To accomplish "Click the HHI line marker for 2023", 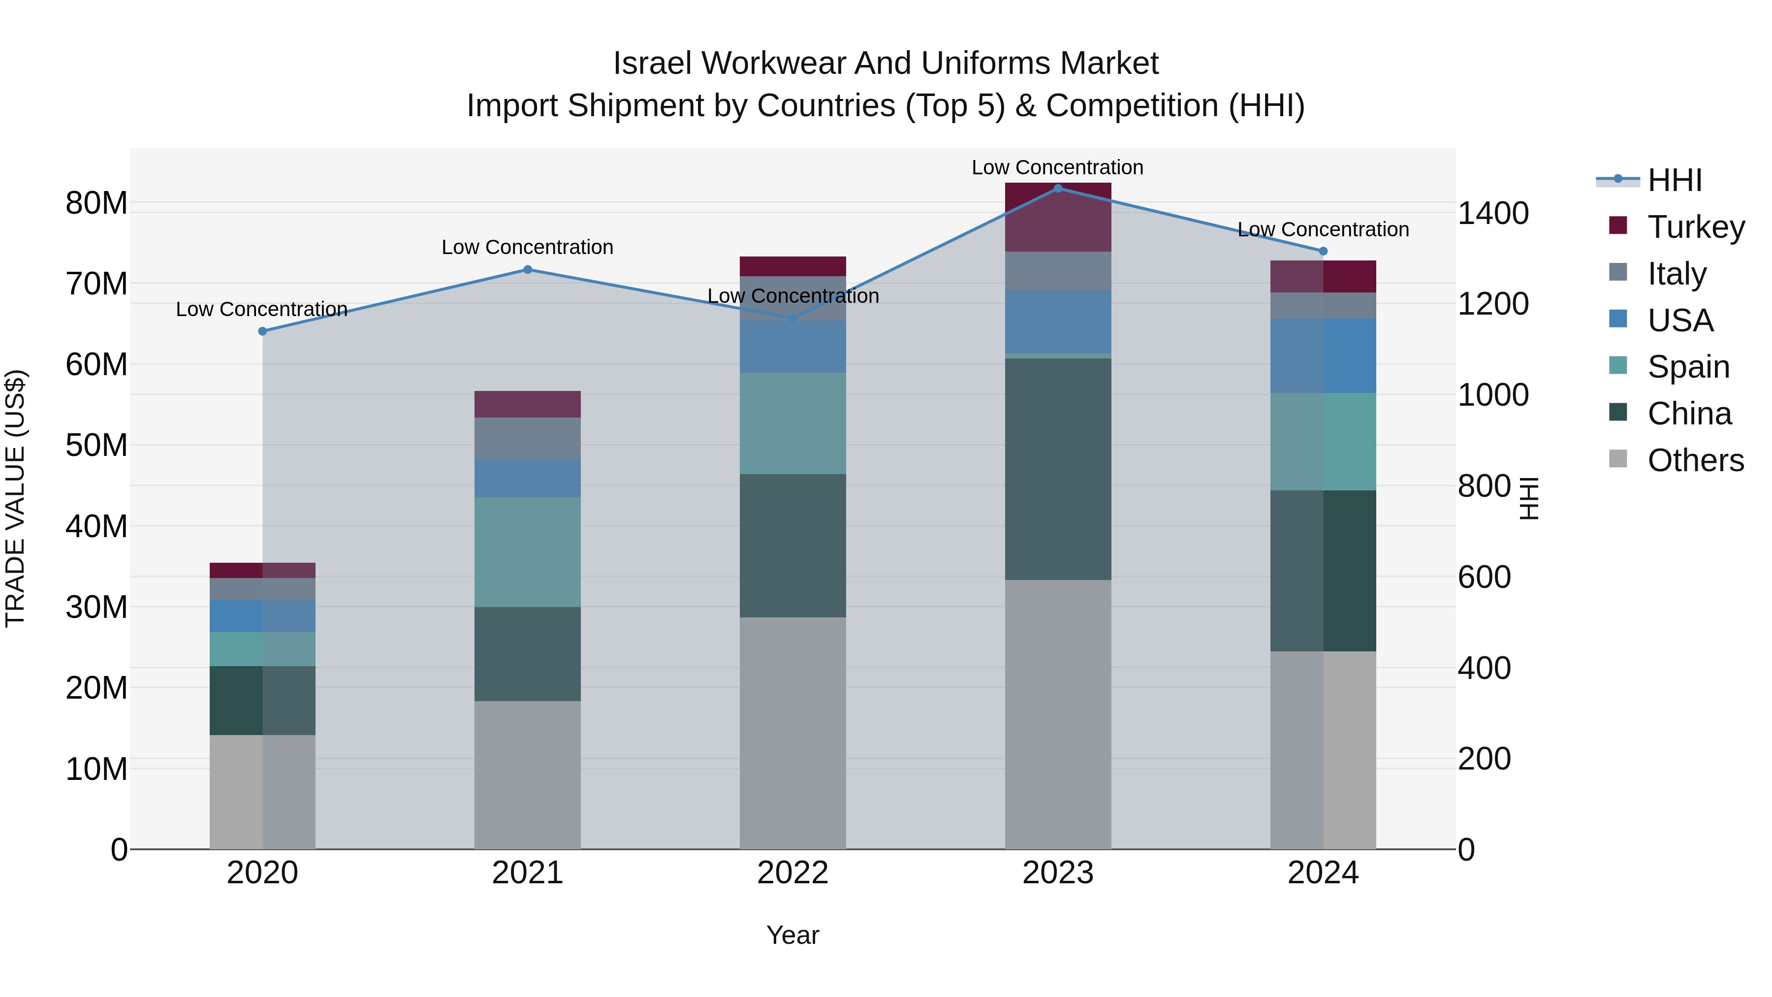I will tap(1058, 189).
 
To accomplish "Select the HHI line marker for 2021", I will tap(528, 270).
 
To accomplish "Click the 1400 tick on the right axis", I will tap(1493, 213).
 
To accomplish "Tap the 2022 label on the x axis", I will tap(792, 873).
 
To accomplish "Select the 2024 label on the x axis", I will tap(1323, 873).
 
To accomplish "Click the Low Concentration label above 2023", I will tap(1057, 168).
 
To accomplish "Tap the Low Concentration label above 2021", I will tap(528, 248).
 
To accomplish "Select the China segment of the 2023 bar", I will tap(1058, 469).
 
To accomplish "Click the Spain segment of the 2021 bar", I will tap(528, 552).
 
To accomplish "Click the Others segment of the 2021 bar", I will tap(528, 775).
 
